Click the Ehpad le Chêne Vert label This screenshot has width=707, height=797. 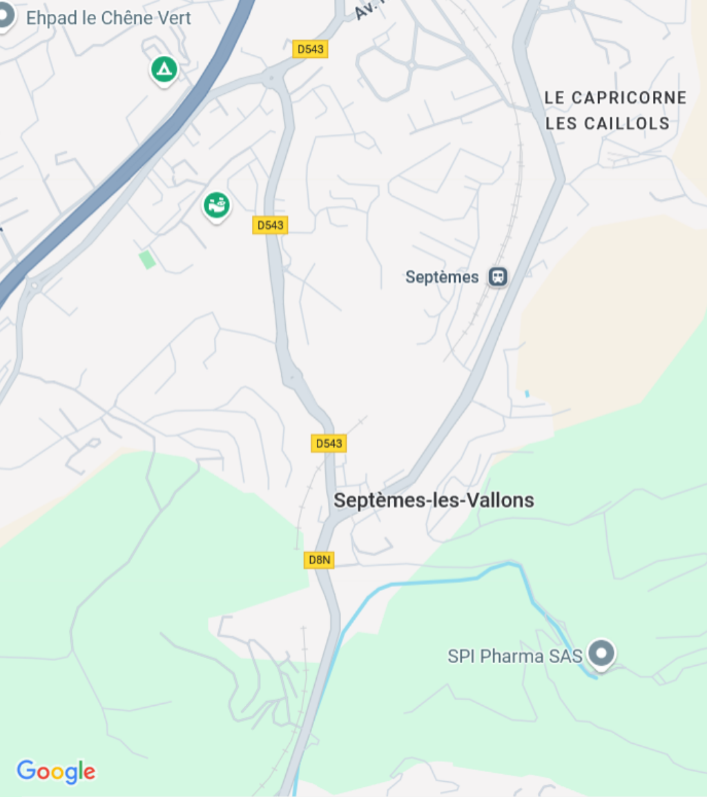coord(108,18)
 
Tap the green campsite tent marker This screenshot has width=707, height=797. coord(164,70)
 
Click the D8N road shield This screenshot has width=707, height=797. coord(319,560)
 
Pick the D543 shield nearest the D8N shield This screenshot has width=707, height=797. coord(329,443)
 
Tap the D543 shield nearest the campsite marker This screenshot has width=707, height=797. coord(309,49)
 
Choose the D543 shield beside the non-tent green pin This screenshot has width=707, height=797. coord(270,225)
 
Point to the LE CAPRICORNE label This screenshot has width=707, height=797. coord(615,98)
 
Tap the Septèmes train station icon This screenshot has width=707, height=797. coord(497,278)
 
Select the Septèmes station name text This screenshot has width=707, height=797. coord(442,278)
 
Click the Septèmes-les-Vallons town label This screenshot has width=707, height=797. coord(434,500)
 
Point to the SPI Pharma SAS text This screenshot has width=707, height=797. coord(515,655)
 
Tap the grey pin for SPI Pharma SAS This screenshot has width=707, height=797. coord(602,653)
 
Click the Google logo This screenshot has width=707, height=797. coord(56,771)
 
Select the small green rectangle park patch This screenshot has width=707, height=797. coord(146,260)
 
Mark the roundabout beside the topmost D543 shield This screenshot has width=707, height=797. coord(274,77)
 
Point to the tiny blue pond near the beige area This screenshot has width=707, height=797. coord(527,394)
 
